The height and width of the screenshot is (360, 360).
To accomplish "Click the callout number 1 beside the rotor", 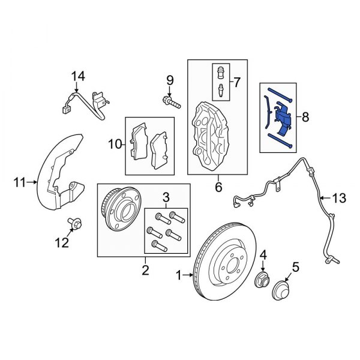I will pyautogui.click(x=178, y=275).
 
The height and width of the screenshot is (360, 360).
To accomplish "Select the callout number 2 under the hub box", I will pyautogui.click(x=145, y=271).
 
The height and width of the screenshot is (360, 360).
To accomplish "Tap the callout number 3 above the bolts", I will pyautogui.click(x=165, y=197).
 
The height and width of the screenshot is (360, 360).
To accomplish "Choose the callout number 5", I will pyautogui.click(x=295, y=266).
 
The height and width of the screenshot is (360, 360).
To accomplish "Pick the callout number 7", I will pyautogui.click(x=236, y=81).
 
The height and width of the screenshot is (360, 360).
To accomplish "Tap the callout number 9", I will pyautogui.click(x=169, y=79).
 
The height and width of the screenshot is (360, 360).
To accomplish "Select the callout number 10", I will pyautogui.click(x=115, y=143).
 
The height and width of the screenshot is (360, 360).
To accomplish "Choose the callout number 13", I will pyautogui.click(x=339, y=197).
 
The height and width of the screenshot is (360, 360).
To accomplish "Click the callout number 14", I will pyautogui.click(x=77, y=76).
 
